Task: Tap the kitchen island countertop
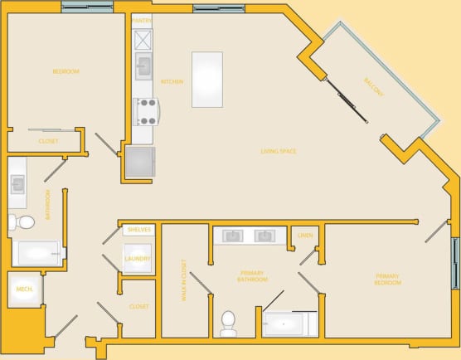coord(206,80)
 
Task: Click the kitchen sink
coord(143,65)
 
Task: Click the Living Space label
coord(279,151)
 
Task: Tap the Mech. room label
coord(23,289)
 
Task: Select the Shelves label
coord(138,230)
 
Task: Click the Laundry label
coord(138,258)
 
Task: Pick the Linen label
coord(304,236)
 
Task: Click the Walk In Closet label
coord(184,280)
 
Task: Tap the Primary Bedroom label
coord(388,279)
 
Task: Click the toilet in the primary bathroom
coord(229,323)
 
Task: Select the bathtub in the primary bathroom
coord(286,323)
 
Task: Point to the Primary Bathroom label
coord(253,275)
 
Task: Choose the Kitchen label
coord(172,81)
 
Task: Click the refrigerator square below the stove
coord(139,162)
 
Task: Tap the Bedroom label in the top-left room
coord(66,72)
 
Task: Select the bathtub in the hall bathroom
coord(36,253)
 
